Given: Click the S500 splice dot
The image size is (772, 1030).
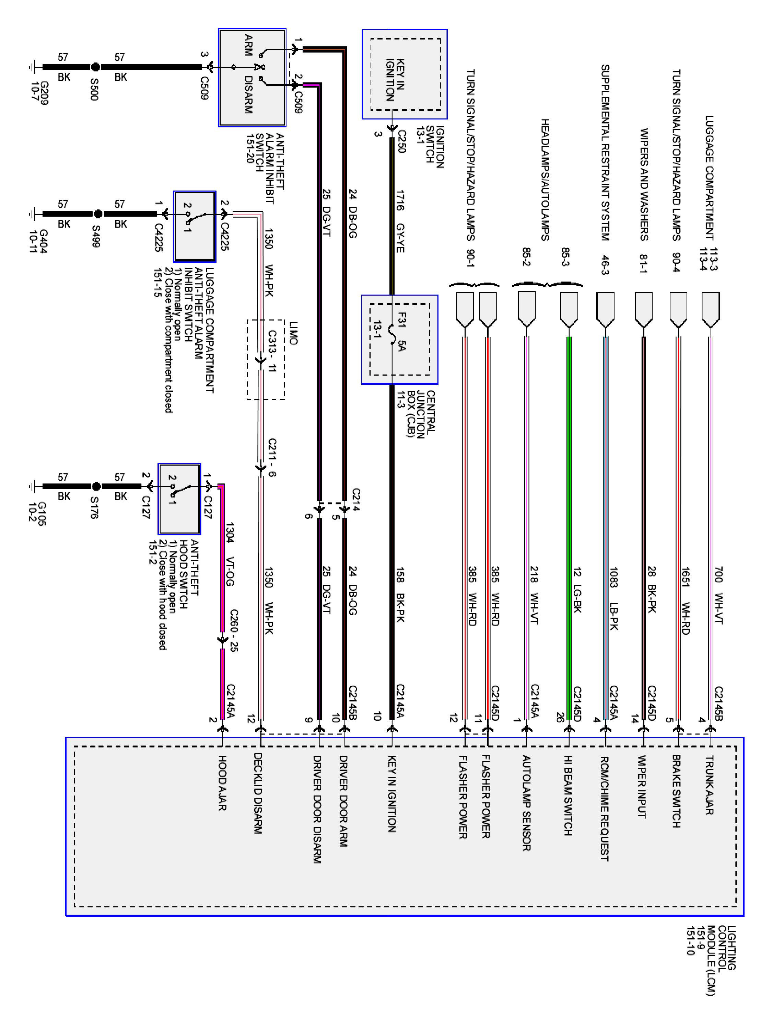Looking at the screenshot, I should (x=95, y=67).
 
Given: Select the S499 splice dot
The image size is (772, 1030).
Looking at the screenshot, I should (x=98, y=214).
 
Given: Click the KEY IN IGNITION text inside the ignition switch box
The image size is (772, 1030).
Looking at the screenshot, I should (x=396, y=80).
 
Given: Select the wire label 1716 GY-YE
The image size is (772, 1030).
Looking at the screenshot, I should (x=400, y=221).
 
